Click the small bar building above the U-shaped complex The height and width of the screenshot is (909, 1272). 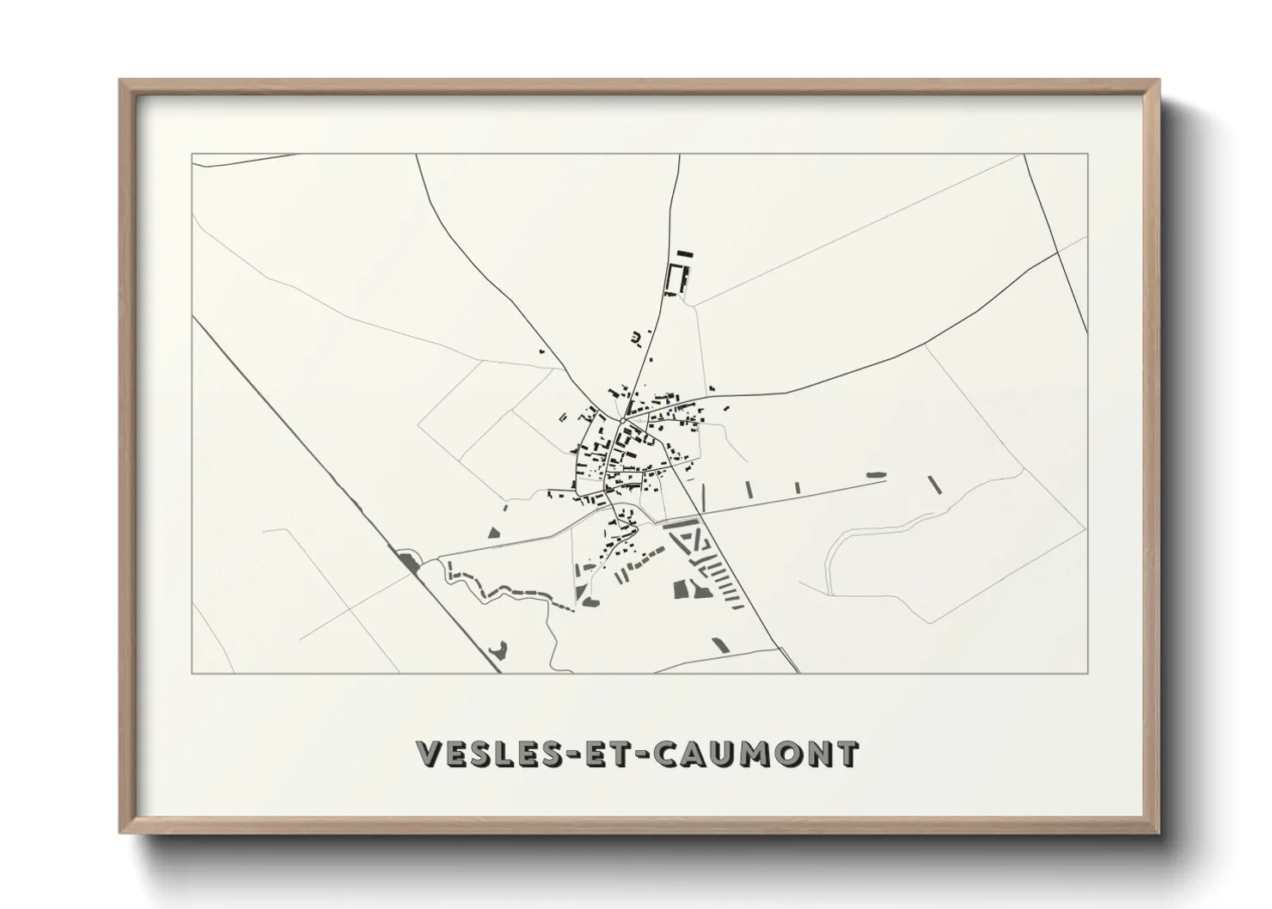point(684,253)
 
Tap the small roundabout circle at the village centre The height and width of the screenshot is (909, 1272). point(621,420)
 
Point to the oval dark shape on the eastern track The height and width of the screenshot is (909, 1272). point(875,474)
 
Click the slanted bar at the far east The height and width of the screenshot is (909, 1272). point(935,485)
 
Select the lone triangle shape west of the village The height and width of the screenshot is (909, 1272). point(493,533)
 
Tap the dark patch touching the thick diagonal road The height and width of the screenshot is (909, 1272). point(407,562)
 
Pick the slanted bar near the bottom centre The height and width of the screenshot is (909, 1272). point(720,644)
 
